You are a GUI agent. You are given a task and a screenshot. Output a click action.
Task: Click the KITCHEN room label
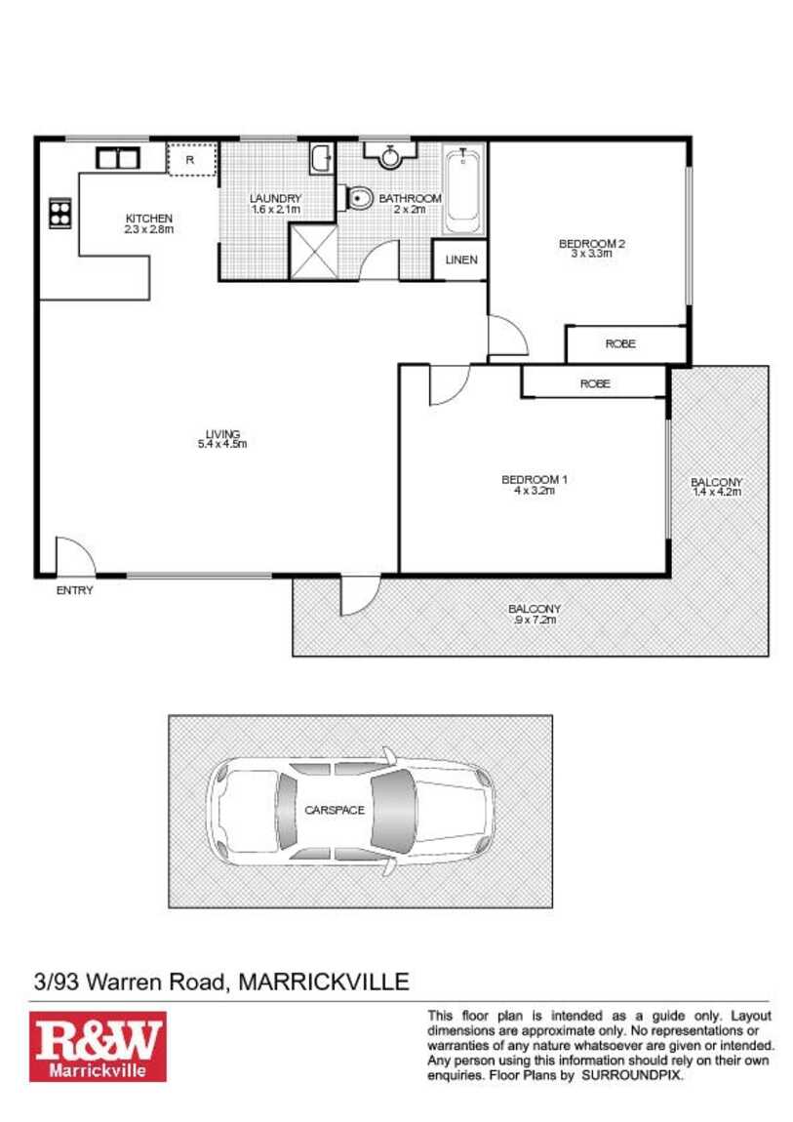tap(148, 219)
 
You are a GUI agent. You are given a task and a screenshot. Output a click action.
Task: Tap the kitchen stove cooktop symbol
tap(60, 213)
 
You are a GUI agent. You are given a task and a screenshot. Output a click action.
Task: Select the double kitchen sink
tap(117, 158)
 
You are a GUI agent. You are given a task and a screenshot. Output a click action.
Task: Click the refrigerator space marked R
tap(191, 159)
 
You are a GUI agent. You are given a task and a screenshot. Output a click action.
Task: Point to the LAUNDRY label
tap(275, 198)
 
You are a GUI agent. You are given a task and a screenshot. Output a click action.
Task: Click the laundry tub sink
tap(322, 159)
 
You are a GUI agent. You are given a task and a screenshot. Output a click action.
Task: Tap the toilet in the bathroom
tap(360, 198)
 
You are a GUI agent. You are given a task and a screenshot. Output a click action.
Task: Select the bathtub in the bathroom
tap(462, 189)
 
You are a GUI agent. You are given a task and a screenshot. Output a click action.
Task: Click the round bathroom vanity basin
tap(389, 156)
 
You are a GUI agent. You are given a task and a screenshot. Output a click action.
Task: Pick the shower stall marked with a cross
tap(312, 251)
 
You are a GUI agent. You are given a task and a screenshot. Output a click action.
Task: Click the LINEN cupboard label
tap(461, 260)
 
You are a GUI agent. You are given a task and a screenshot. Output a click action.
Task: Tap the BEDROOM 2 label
tap(591, 243)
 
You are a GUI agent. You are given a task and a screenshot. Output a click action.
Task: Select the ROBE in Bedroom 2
tap(620, 344)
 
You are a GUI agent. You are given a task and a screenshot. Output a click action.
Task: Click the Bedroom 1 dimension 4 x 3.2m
tap(535, 491)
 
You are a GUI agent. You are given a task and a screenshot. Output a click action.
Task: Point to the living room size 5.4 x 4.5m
tap(222, 444)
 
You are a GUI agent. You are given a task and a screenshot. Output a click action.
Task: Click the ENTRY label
tap(74, 590)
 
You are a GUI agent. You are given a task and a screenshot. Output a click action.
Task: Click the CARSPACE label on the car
tap(335, 810)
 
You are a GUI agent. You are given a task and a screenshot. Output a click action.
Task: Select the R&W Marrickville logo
tap(98, 1046)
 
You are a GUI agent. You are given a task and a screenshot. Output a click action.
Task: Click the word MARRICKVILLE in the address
tap(323, 982)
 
